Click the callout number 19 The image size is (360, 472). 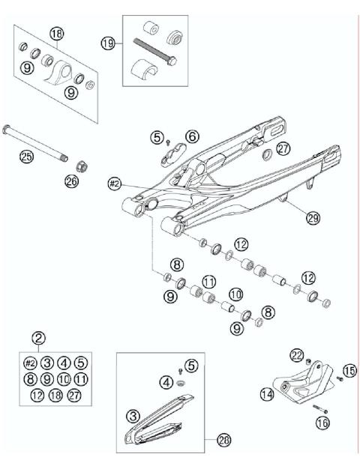[x=108, y=44]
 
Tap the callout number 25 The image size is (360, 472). [x=26, y=156]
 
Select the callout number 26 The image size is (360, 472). [x=72, y=181]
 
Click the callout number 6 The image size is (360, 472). [x=192, y=136]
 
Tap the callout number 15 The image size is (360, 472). [x=349, y=370]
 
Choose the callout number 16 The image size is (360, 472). [x=323, y=423]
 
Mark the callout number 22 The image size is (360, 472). [x=297, y=354]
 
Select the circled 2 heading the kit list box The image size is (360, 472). [x=39, y=337]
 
